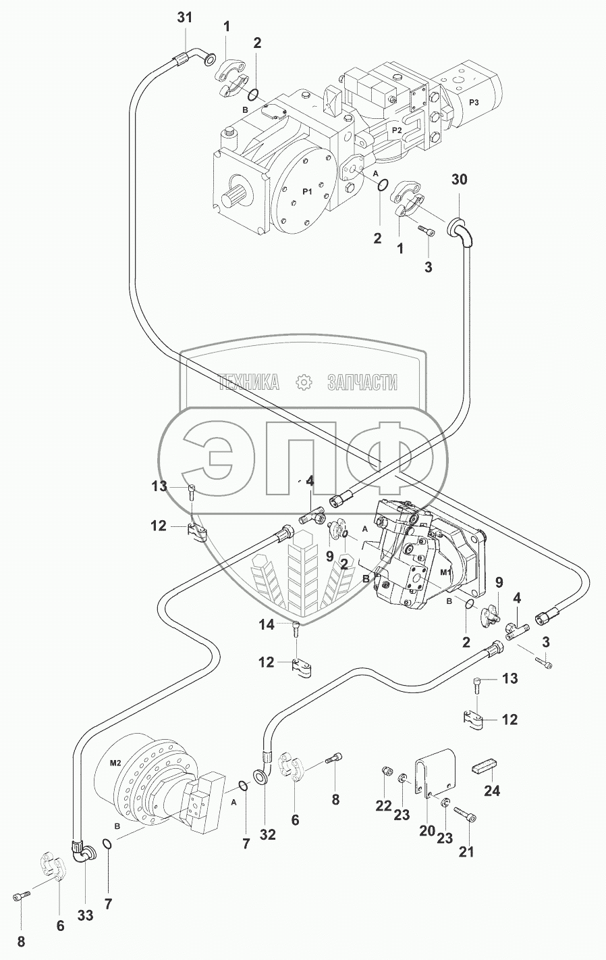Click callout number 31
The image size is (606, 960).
(185, 18)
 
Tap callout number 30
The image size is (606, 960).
(459, 180)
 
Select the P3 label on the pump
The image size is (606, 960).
(474, 103)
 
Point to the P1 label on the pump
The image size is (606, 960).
(307, 192)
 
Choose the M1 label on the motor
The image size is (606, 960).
(446, 572)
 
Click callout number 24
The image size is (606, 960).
(492, 790)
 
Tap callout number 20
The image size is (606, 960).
(428, 831)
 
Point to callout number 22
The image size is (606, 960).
(383, 806)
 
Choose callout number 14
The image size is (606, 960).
(266, 625)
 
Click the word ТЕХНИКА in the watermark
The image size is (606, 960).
(249, 382)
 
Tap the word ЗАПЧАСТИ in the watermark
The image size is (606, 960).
(362, 382)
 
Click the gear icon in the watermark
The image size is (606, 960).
(304, 382)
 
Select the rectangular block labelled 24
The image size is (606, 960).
(485, 767)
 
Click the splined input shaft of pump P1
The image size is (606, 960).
(233, 197)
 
